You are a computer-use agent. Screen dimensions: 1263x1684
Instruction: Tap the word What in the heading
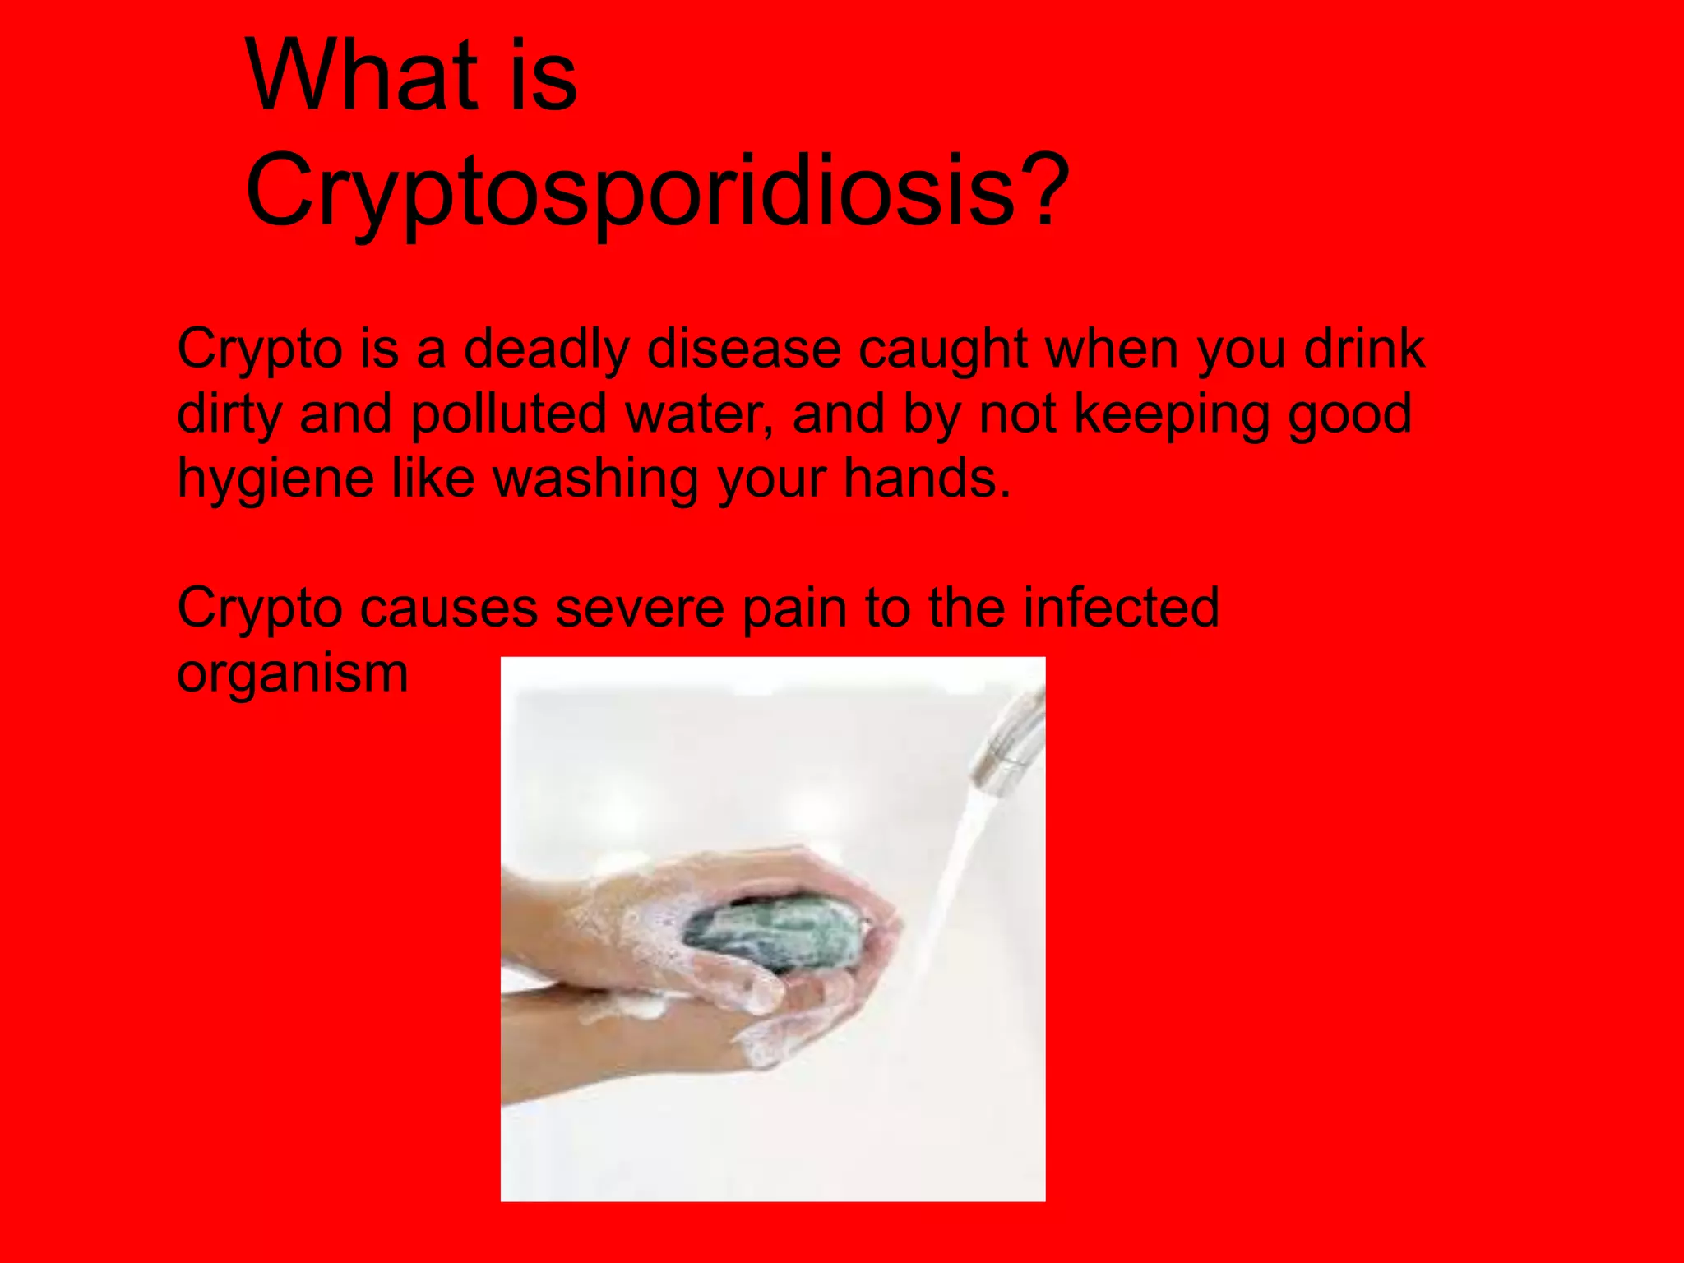[362, 76]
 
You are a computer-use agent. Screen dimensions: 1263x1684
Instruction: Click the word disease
[744, 349]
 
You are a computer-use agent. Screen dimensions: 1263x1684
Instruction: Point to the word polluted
[509, 413]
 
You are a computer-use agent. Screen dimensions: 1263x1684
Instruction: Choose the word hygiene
[275, 479]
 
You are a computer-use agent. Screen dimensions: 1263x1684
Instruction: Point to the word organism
[292, 674]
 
